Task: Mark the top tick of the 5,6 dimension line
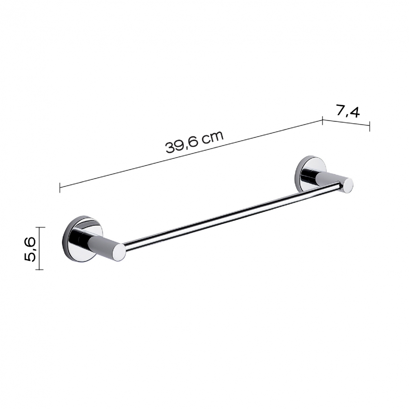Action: pos(40,227)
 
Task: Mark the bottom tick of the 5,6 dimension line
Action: pos(40,269)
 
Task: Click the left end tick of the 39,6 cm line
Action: pos(60,187)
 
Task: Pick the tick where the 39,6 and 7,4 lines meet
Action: pos(322,120)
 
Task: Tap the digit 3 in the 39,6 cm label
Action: pos(169,149)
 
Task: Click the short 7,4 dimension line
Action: pos(346,123)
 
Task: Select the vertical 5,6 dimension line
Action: pos(40,248)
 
